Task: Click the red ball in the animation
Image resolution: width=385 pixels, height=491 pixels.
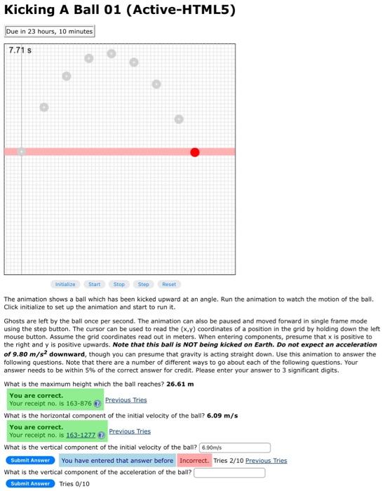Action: tap(194, 152)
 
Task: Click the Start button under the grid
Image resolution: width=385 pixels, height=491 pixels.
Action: tap(94, 284)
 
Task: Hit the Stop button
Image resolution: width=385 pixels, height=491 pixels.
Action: tap(119, 284)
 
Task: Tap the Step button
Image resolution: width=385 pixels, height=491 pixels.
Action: tap(143, 284)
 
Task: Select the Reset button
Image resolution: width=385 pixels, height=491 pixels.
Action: tap(169, 284)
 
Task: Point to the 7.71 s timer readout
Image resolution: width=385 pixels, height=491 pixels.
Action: tap(20, 51)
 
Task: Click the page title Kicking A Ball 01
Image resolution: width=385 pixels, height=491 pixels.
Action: tap(119, 10)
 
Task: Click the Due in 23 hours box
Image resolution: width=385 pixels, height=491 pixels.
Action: tap(49, 31)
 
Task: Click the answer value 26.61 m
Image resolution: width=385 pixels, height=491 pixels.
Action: tap(180, 384)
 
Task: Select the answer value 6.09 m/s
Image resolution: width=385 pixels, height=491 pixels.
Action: tap(222, 415)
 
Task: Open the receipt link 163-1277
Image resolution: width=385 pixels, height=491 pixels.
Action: tap(80, 435)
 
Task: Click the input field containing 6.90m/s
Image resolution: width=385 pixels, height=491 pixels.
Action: tap(235, 447)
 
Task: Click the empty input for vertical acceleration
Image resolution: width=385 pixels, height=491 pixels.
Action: tap(229, 472)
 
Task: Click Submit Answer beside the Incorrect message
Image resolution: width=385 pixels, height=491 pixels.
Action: tap(31, 460)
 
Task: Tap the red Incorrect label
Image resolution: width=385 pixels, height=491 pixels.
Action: tap(193, 460)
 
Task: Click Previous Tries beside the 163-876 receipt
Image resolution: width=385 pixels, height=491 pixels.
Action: tap(126, 400)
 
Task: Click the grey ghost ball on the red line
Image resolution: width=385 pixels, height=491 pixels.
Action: tap(21, 152)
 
